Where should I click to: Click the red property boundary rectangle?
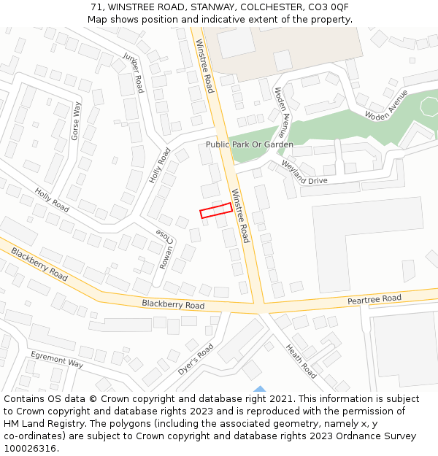[216, 210]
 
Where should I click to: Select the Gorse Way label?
[76, 121]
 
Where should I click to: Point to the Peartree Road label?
[374, 299]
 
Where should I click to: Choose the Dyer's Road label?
[195, 360]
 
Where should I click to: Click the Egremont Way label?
[57, 359]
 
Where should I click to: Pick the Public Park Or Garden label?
[249, 144]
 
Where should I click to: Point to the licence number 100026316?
[31, 448]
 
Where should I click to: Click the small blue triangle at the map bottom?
[259, 389]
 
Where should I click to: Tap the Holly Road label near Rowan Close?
[159, 166]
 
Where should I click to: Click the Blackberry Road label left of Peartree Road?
[173, 304]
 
